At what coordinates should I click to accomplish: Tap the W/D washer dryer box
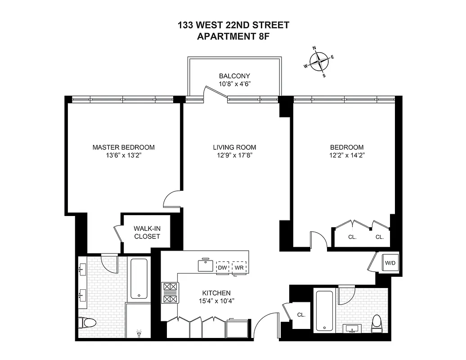[x=390, y=262]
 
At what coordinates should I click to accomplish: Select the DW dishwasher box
[x=222, y=267]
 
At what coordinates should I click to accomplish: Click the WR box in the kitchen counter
[x=239, y=267]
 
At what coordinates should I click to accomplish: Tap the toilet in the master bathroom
[x=87, y=323]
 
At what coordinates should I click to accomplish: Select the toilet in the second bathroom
[x=376, y=323]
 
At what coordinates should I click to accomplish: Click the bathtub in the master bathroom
[x=139, y=279]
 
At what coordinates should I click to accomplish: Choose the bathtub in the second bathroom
[x=324, y=310]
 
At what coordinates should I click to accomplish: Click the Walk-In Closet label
[x=147, y=232]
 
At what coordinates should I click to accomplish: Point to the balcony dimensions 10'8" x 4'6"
[x=234, y=84]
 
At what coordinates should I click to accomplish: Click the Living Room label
[x=234, y=147]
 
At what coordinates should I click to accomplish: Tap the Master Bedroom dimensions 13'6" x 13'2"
[x=123, y=155]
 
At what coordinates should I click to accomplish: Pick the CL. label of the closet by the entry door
[x=301, y=315]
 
